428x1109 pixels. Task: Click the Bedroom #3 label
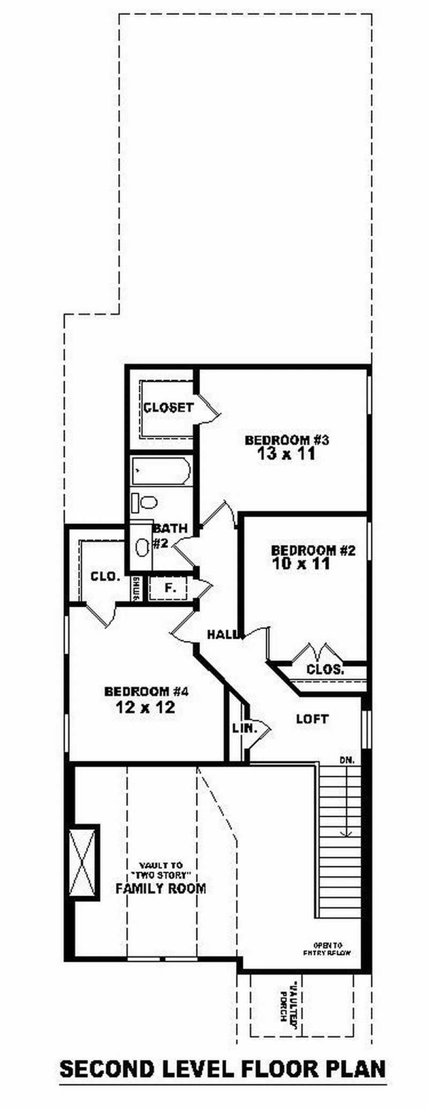286,440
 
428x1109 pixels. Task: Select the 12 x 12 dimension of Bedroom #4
145,707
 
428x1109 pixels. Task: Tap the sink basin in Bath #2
142,547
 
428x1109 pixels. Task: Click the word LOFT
312,718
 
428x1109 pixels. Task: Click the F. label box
170,588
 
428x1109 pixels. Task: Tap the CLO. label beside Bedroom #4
105,577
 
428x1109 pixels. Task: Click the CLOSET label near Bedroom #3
168,408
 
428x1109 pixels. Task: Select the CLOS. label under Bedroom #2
325,669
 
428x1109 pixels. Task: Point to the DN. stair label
347,760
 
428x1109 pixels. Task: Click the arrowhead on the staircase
347,833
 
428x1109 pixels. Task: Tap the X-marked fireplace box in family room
83,862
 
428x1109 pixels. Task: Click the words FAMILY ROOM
160,889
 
